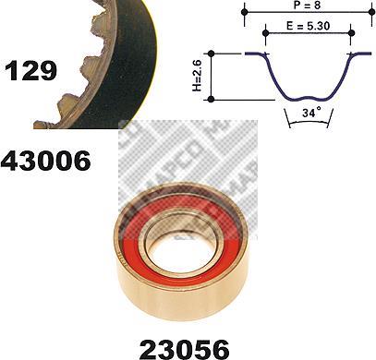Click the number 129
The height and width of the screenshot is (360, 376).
30,70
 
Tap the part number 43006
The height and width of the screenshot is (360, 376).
46,161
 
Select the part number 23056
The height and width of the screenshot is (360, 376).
185,349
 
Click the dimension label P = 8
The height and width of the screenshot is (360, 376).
307,5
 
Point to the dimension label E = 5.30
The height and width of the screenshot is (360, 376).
308,26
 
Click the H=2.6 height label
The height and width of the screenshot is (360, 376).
197,76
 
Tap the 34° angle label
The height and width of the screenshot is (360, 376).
311,113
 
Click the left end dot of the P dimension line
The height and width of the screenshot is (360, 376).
245,12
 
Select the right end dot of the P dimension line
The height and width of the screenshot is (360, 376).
372,12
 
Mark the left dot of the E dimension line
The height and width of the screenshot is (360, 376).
265,33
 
